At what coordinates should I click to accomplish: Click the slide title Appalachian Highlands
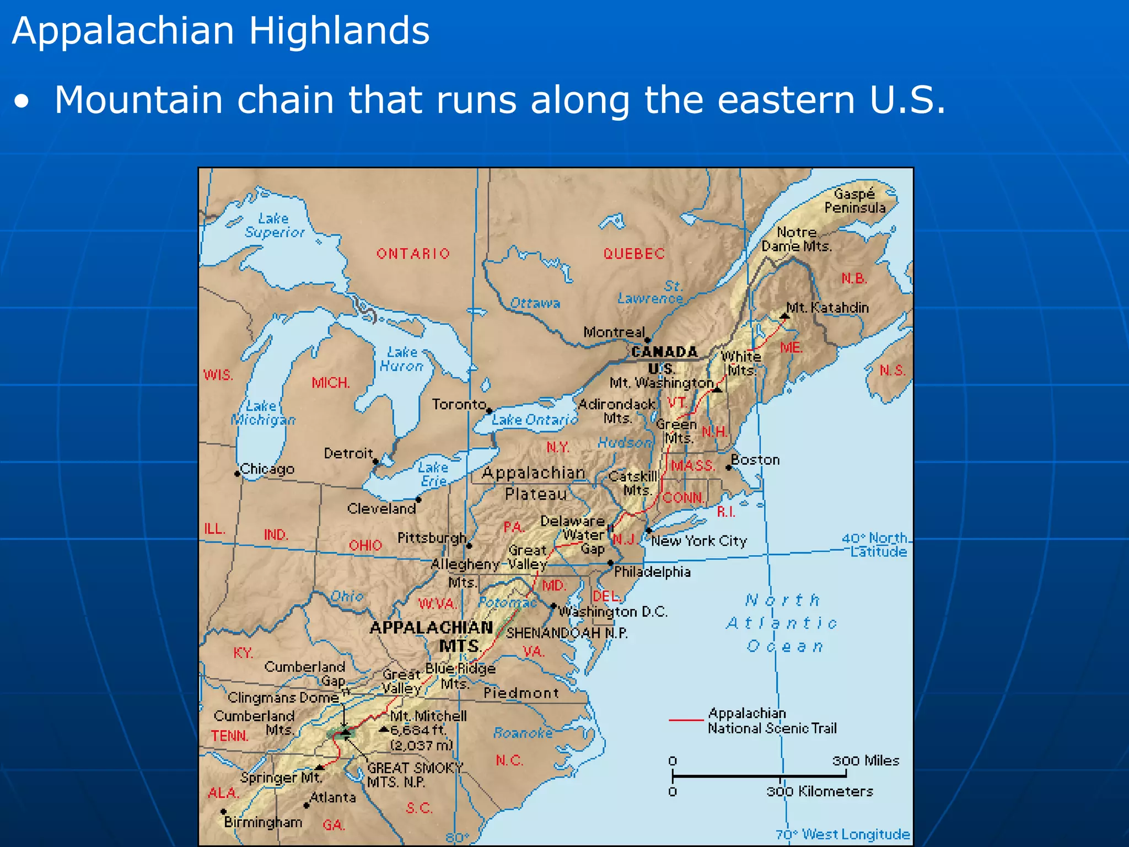click(x=221, y=30)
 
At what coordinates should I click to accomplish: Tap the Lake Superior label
click(x=275, y=226)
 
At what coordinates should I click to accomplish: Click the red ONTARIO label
click(x=413, y=254)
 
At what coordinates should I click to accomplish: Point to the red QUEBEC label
click(x=634, y=254)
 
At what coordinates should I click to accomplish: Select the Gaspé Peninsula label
click(x=854, y=201)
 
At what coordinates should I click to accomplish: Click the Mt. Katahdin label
click(x=827, y=308)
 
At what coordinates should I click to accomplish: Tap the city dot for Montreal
click(x=648, y=340)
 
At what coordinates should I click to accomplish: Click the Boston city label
click(x=755, y=460)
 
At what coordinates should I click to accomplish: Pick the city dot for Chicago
click(x=238, y=474)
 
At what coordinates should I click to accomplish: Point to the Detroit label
click(x=348, y=453)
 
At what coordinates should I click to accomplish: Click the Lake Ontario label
click(x=534, y=420)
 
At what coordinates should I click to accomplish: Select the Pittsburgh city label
click(x=432, y=538)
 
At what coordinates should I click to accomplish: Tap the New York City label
click(x=698, y=541)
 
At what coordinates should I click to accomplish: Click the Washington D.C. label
click(x=612, y=612)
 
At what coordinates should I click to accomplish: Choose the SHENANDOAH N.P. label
click(x=567, y=632)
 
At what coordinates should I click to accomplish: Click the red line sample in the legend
click(x=686, y=720)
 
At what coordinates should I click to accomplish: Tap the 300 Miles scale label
click(x=865, y=761)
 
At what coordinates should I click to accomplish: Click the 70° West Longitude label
click(x=842, y=834)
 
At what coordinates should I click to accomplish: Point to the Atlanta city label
click(x=332, y=797)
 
